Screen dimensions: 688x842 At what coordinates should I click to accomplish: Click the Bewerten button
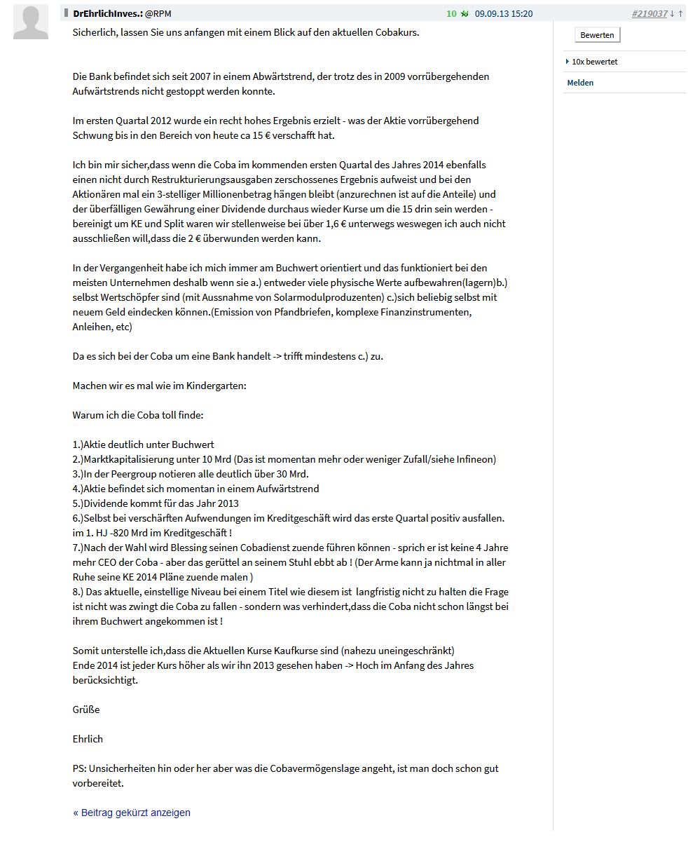click(x=597, y=35)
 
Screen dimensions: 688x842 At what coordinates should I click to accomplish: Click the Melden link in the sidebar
click(x=580, y=83)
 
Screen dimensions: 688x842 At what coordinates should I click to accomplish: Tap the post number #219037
click(x=649, y=13)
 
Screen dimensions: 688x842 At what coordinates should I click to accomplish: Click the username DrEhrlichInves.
click(x=107, y=13)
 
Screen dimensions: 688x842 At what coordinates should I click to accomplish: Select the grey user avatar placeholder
click(x=31, y=22)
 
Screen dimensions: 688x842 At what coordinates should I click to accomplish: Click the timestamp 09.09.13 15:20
click(x=503, y=13)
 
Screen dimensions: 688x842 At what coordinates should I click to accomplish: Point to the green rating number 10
click(x=451, y=13)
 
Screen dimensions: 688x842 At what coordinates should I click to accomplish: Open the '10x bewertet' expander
click(x=593, y=62)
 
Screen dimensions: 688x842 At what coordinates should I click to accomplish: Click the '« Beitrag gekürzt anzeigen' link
click(x=132, y=813)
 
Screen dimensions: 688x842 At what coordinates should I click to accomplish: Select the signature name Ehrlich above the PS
click(x=88, y=739)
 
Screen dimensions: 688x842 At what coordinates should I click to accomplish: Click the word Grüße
click(x=86, y=709)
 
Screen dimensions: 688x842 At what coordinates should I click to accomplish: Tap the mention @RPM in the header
click(x=158, y=13)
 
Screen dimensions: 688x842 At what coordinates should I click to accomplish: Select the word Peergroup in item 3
click(x=128, y=474)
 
